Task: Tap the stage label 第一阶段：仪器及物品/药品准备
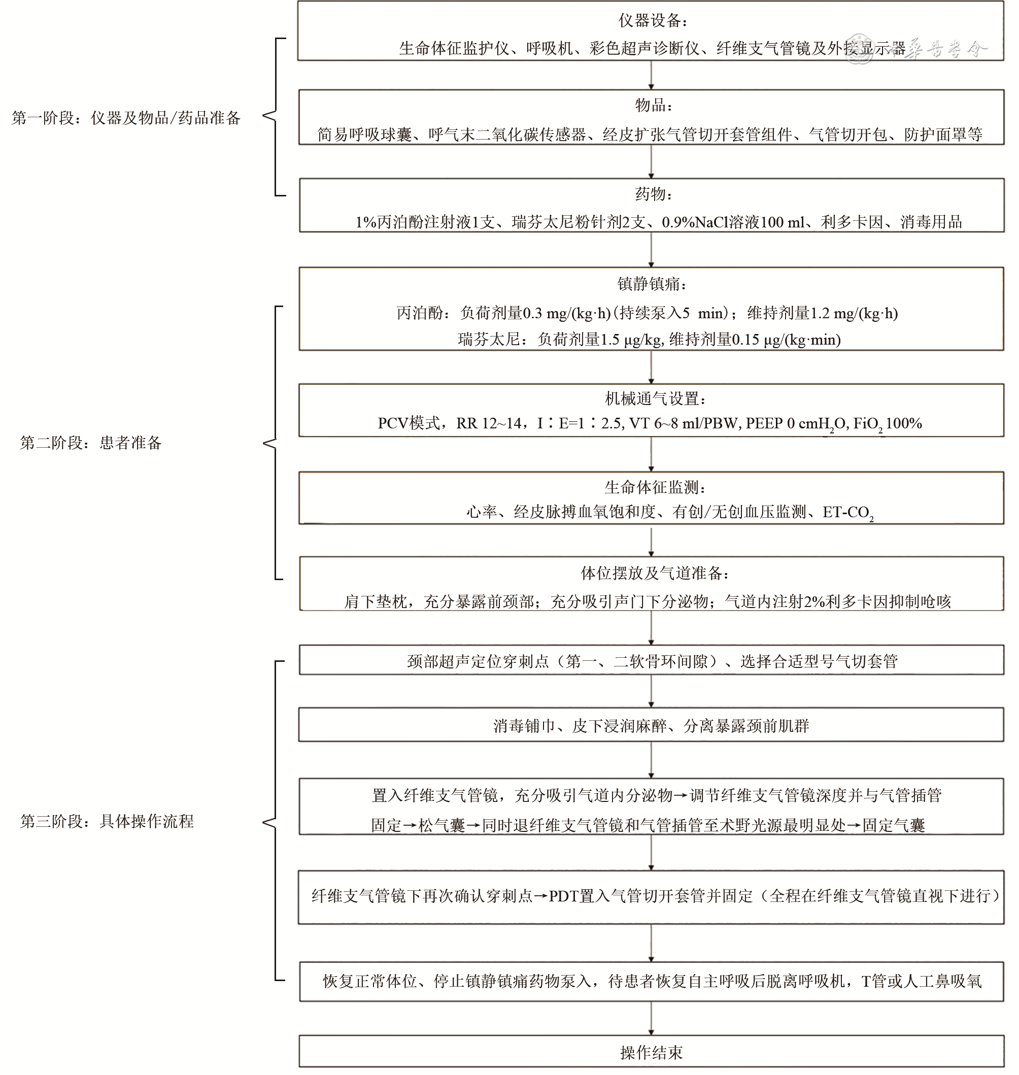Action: tap(126, 118)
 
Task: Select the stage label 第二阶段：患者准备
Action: tap(91, 443)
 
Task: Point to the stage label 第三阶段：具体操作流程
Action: tap(107, 821)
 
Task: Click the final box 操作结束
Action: tap(651, 1053)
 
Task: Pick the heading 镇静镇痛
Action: tap(652, 284)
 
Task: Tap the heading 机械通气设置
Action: tap(655, 399)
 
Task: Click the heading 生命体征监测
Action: tap(655, 487)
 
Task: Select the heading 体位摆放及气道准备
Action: tap(655, 573)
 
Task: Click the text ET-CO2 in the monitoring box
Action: tap(847, 513)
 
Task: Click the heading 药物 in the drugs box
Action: tap(654, 194)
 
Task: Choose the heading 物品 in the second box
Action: tap(654, 105)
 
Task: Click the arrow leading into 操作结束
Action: tap(651, 1019)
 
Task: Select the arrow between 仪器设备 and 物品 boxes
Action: tap(651, 75)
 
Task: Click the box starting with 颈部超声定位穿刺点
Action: tap(651, 661)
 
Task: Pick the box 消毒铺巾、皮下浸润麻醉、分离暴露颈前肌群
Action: tap(651, 726)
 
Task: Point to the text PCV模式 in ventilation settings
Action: tap(409, 424)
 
